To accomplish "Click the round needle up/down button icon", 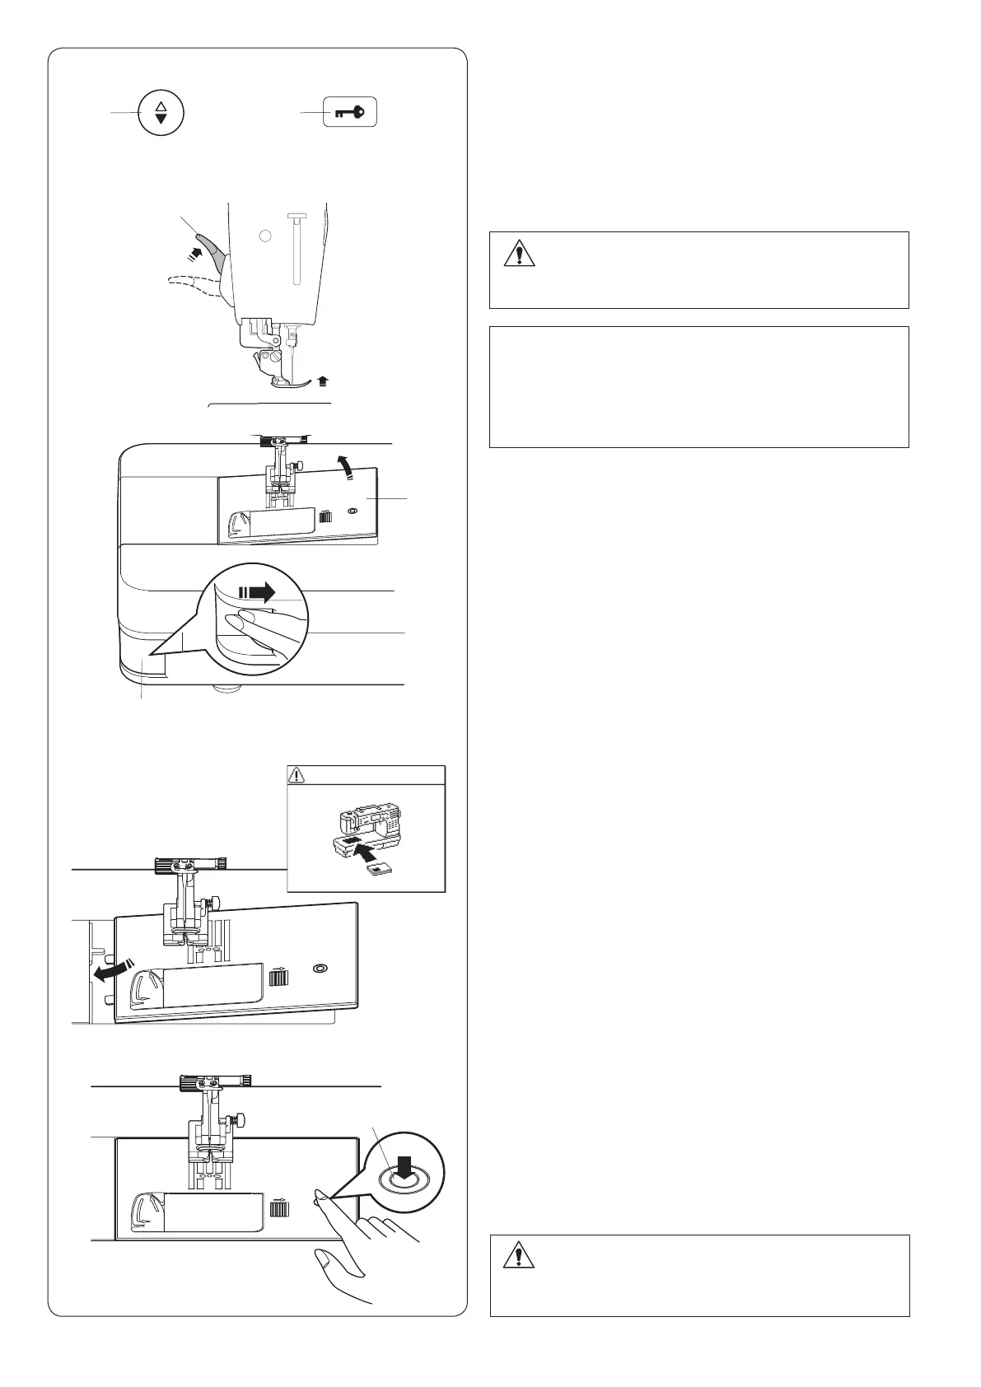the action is pos(161,113).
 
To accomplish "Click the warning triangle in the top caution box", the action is pos(519,252).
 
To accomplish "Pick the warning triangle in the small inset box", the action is pos(297,775).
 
